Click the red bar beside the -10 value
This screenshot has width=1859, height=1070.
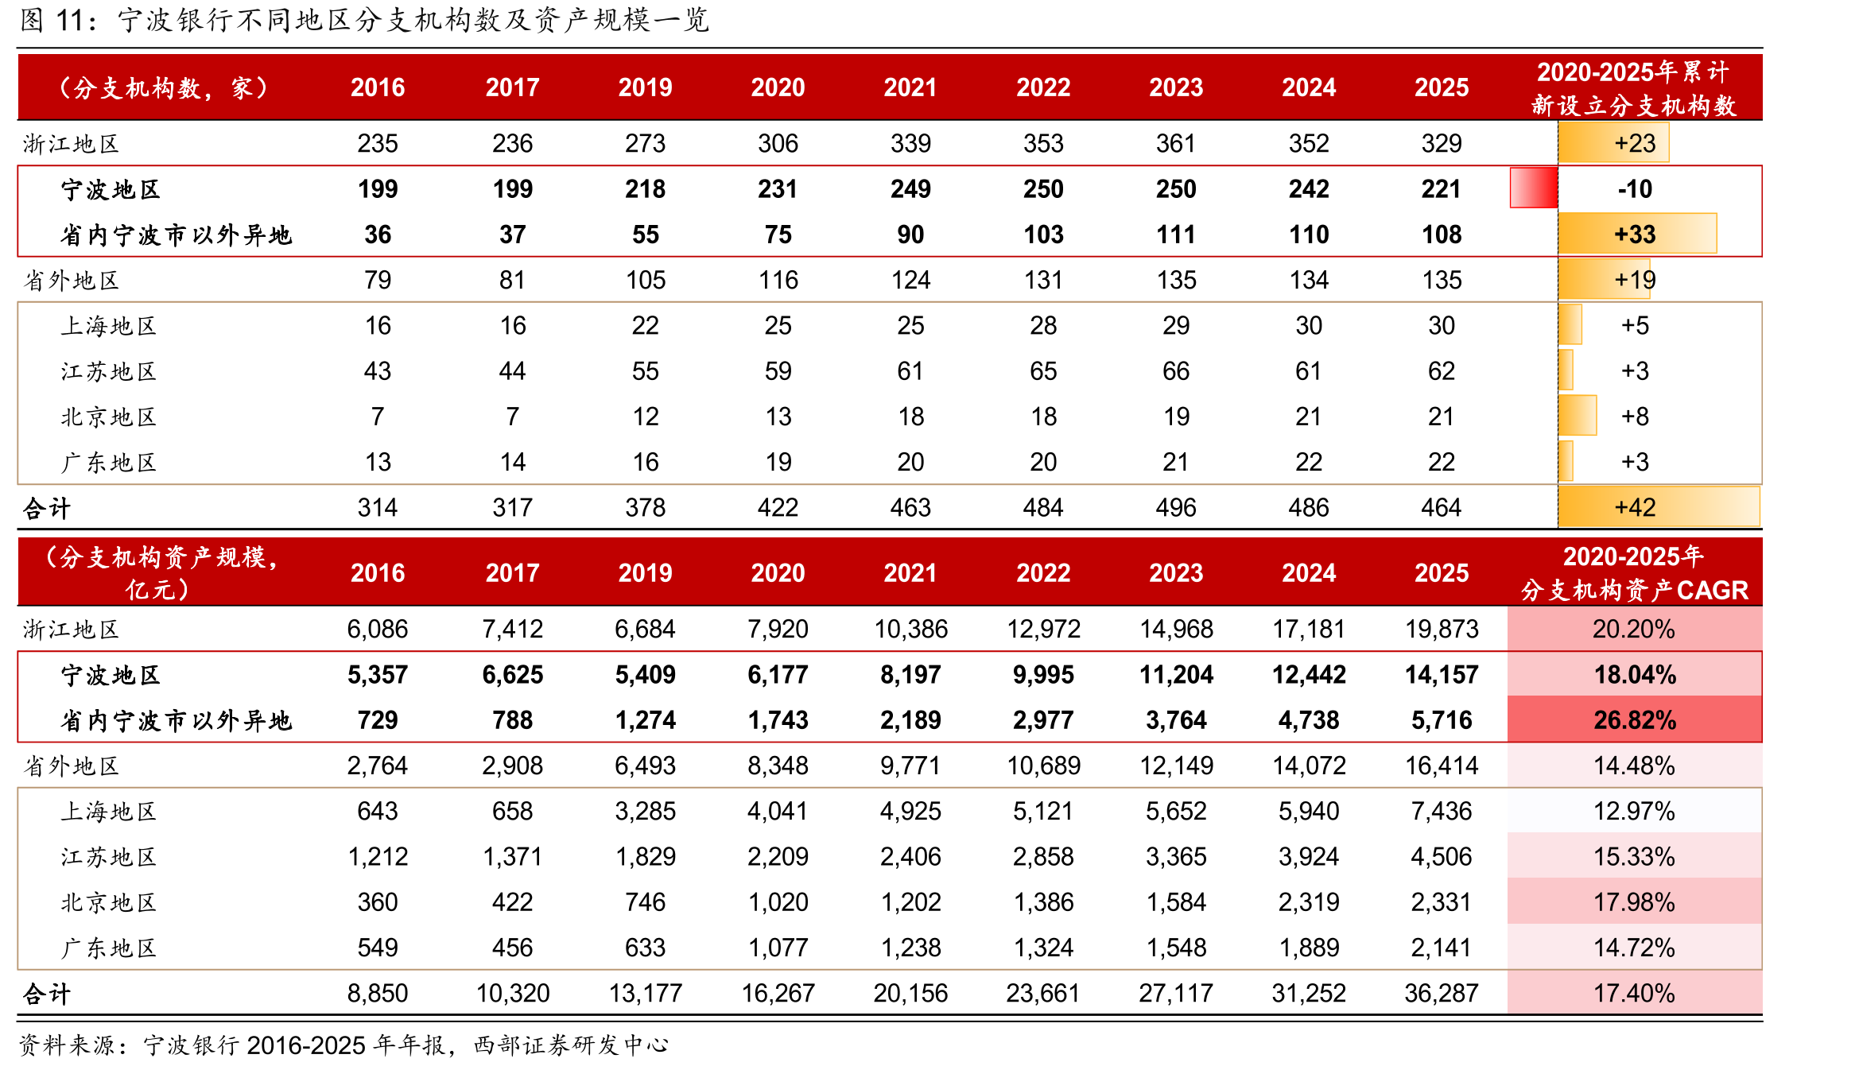point(1533,188)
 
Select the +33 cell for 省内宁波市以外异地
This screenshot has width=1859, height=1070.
point(1635,235)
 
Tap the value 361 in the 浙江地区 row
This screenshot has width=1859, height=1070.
point(1176,143)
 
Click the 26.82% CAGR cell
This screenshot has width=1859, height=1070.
point(1635,720)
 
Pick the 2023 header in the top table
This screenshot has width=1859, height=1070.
point(1176,87)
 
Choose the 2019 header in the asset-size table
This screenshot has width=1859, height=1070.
point(646,572)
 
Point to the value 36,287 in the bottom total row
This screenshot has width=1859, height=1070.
point(1442,993)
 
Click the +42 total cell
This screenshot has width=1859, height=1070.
point(1635,507)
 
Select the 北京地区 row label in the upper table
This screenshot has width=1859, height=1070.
point(109,417)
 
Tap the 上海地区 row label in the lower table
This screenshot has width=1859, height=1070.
point(109,812)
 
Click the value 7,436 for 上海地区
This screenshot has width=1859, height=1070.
point(1442,811)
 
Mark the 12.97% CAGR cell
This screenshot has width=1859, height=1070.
point(1635,811)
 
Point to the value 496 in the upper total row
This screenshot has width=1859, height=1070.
point(1176,507)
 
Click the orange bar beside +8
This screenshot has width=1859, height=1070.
point(1578,416)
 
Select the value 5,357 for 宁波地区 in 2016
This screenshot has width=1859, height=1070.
point(378,675)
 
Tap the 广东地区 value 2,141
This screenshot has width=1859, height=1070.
point(1442,948)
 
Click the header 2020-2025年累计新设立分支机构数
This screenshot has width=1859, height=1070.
point(1634,88)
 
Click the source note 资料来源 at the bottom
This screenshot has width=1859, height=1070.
point(67,1045)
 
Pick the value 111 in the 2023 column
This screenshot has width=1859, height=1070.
point(1176,235)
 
